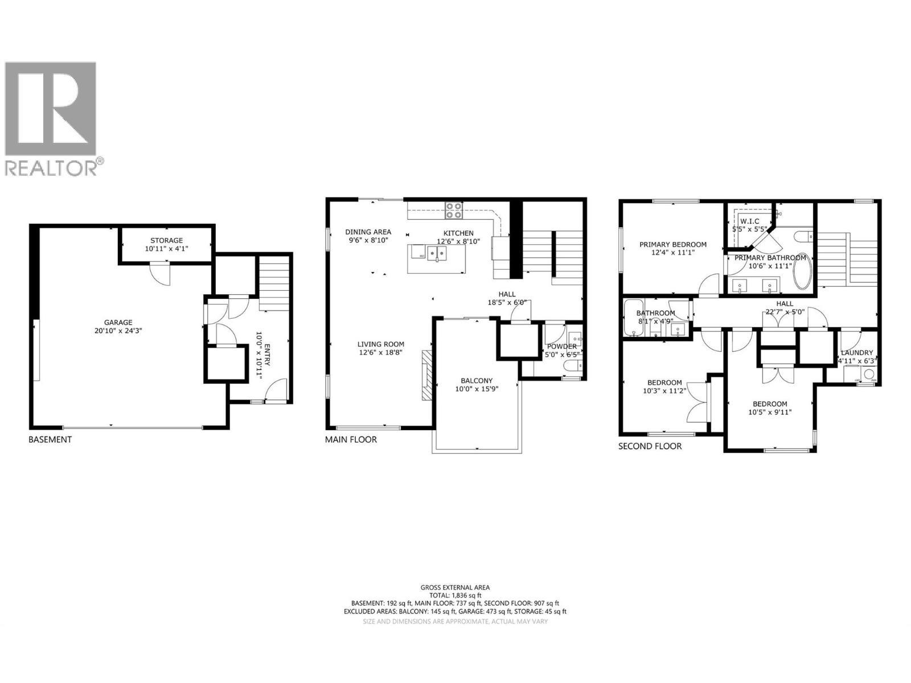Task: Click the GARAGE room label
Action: [x=118, y=322]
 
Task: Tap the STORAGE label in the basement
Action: [x=166, y=241]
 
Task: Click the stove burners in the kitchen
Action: [x=454, y=211]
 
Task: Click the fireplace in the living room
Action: [x=427, y=376]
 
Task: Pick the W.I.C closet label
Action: [x=749, y=221]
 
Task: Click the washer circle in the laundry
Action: [x=869, y=374]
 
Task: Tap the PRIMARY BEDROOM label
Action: [x=672, y=245]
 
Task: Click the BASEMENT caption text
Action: [x=50, y=439]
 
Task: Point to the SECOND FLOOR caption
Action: [x=650, y=446]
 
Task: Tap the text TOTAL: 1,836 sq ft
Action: [x=455, y=595]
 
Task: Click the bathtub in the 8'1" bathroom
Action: [x=631, y=319]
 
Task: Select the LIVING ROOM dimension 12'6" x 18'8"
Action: [x=381, y=353]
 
